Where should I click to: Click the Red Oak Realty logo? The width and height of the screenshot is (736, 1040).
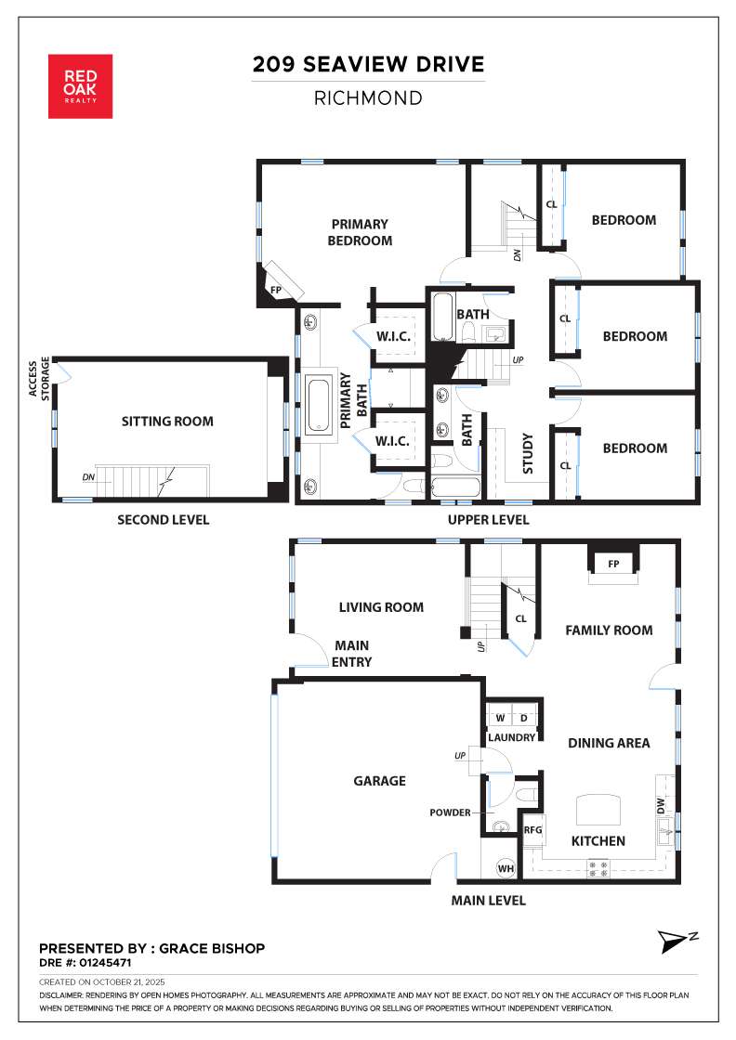[x=80, y=86]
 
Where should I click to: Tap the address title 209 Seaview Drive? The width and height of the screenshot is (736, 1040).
[x=369, y=64]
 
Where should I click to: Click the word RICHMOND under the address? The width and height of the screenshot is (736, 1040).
[x=369, y=97]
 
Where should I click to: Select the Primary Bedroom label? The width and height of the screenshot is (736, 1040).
[x=360, y=232]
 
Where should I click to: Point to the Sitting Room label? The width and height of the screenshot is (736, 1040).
[x=167, y=422]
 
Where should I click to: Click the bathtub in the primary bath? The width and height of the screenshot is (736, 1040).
[x=319, y=404]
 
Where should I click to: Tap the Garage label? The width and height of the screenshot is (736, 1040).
[x=379, y=781]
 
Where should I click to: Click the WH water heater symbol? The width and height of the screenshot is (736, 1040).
[x=506, y=868]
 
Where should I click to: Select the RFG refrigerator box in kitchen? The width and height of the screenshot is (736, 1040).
[x=532, y=830]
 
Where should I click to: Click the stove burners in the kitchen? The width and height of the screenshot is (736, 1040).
[x=597, y=869]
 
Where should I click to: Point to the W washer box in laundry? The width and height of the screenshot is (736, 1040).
[x=500, y=718]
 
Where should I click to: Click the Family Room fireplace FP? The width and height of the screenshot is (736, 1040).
[x=612, y=563]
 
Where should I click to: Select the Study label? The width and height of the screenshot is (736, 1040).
[x=527, y=453]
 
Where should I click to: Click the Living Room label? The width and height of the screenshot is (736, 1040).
[x=380, y=607]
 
